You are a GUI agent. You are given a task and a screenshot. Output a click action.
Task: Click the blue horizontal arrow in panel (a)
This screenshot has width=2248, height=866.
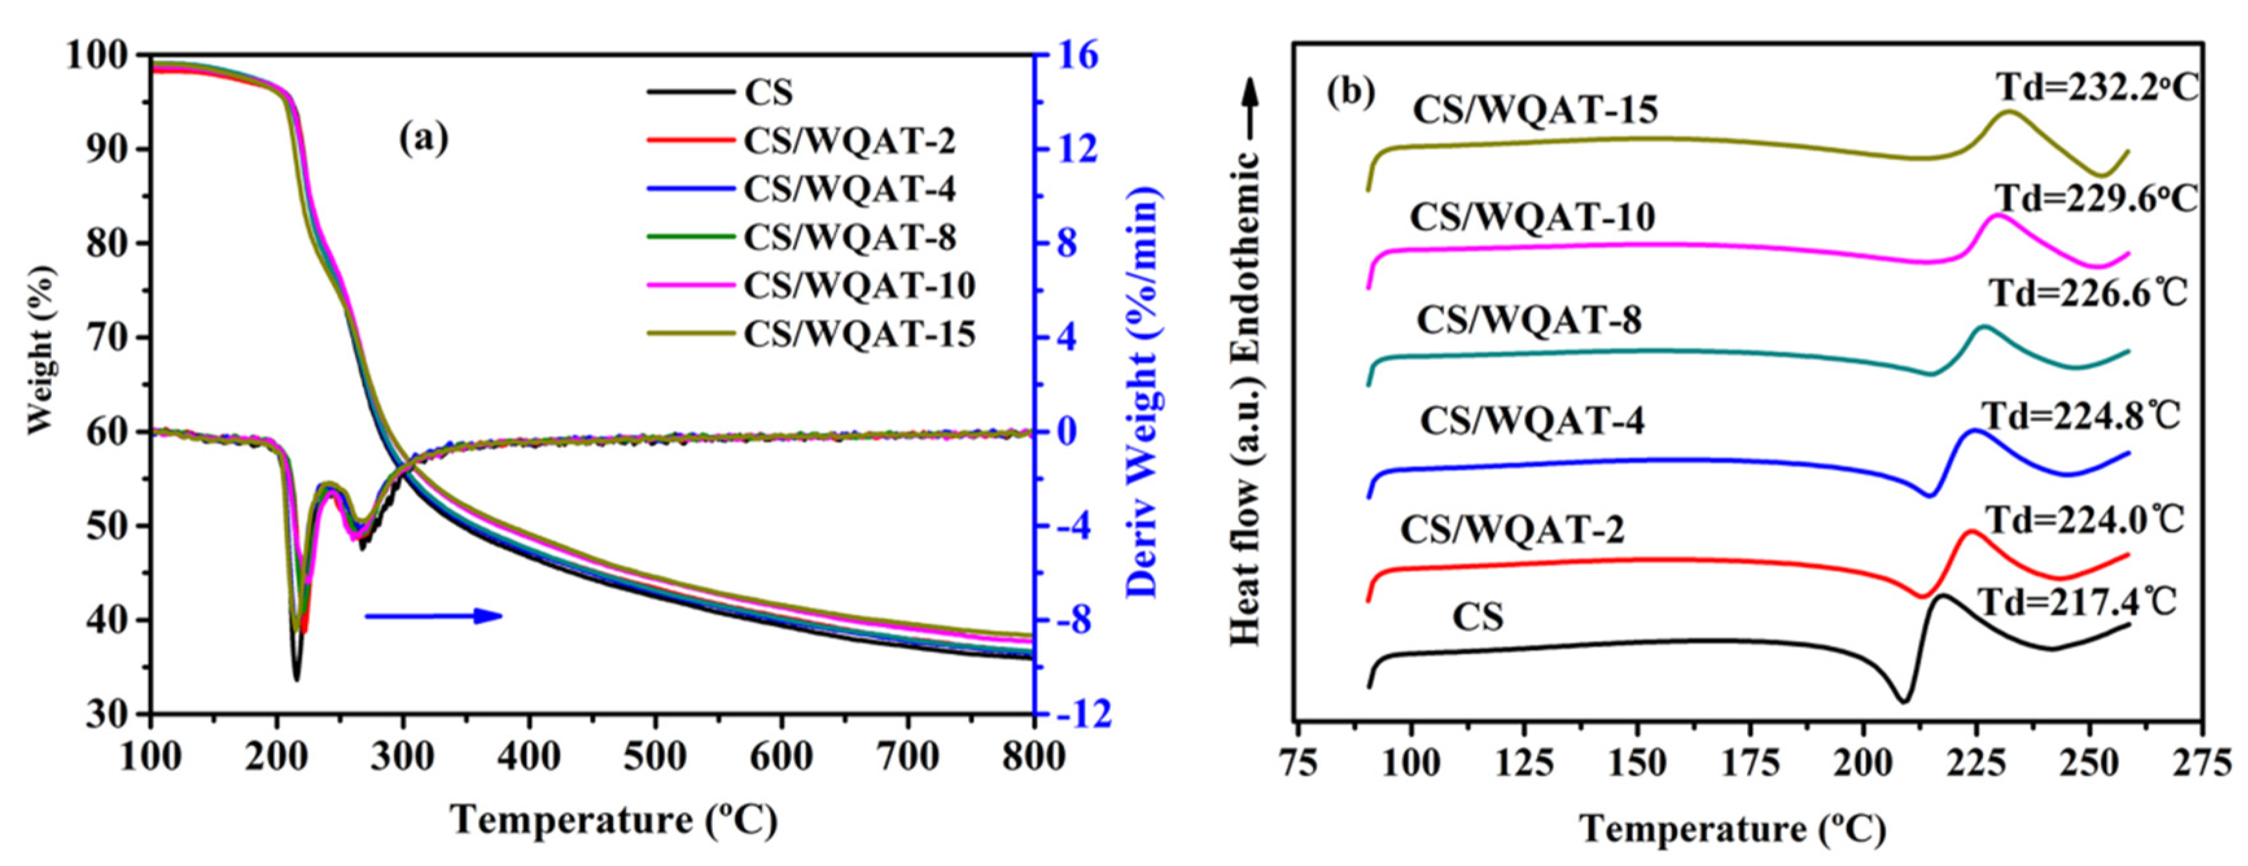(434, 616)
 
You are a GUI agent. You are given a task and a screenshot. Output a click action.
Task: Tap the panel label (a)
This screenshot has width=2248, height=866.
(423, 138)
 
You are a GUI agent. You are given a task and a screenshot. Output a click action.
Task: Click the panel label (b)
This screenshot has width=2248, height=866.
(1350, 91)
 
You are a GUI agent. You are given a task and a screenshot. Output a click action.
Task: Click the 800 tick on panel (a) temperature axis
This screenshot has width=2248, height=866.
(1033, 756)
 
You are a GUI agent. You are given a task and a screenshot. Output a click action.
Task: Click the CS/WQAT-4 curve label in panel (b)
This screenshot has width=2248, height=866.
(1531, 421)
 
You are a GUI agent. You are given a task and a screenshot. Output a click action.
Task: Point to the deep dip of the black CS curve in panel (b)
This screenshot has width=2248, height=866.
(1903, 725)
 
